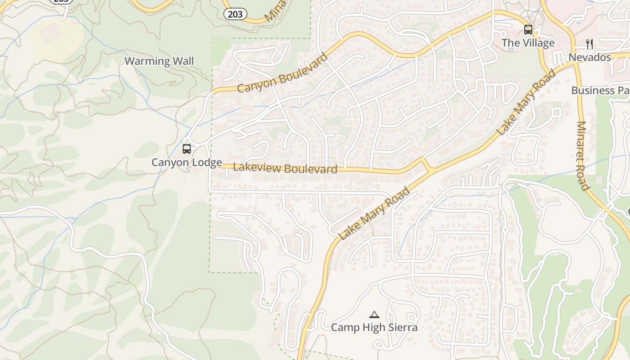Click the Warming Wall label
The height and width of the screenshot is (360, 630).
click(x=159, y=61)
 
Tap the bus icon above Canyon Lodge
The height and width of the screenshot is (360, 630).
click(x=186, y=148)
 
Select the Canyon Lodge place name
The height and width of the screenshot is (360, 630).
click(x=186, y=162)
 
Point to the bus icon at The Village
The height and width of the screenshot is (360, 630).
click(x=528, y=30)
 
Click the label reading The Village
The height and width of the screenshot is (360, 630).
click(x=528, y=43)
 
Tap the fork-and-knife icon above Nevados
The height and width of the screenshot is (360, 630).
click(x=589, y=44)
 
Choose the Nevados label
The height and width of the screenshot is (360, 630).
click(x=589, y=57)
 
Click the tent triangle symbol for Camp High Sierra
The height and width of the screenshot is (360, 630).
click(x=374, y=315)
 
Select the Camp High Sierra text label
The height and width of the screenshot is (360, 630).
click(x=374, y=328)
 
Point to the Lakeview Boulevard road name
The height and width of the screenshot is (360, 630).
click(x=285, y=168)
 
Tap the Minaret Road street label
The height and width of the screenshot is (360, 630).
click(x=582, y=156)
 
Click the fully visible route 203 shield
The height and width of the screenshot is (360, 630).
click(x=235, y=14)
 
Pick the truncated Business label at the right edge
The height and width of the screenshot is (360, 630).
click(x=600, y=90)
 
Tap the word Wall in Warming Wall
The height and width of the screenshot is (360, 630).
click(x=183, y=61)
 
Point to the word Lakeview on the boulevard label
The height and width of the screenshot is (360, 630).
click(x=254, y=167)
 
